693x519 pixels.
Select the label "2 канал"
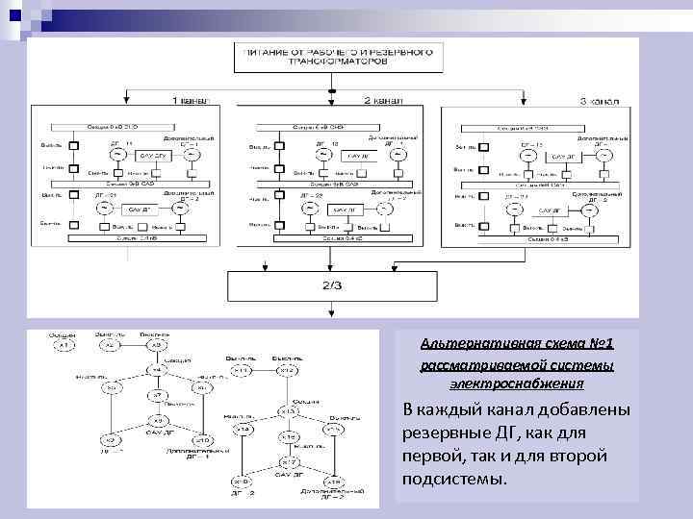(x=382, y=100)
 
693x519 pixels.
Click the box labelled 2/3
(x=330, y=284)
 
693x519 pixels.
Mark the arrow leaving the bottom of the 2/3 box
(x=330, y=309)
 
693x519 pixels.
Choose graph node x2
(x=110, y=346)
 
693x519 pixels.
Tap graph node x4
(x=155, y=370)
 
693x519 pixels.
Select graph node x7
(x=156, y=395)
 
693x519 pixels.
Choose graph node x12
(x=286, y=371)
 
